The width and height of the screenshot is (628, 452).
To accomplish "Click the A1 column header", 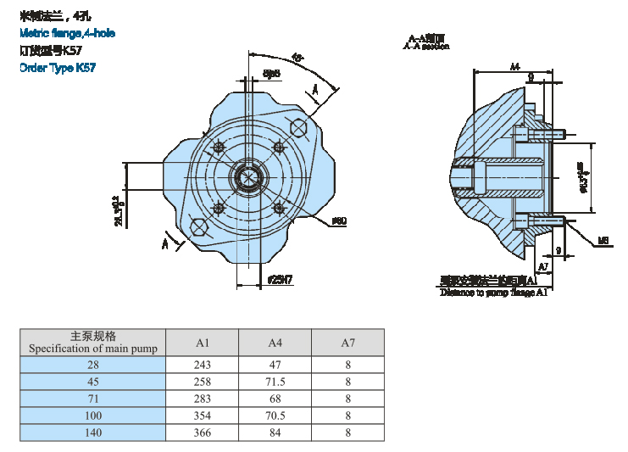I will (x=202, y=343).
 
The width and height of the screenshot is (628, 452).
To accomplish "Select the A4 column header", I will (x=275, y=343).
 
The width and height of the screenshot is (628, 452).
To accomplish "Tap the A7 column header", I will (x=347, y=343).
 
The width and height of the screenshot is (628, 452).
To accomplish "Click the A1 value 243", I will (x=202, y=365).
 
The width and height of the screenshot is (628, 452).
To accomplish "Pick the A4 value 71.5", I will (x=275, y=382).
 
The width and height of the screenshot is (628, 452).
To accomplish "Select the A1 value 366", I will (x=202, y=432).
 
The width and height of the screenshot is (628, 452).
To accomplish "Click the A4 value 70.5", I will (x=275, y=416).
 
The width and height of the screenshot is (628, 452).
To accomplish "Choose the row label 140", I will (x=92, y=432).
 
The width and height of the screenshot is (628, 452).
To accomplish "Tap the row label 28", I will (x=92, y=365).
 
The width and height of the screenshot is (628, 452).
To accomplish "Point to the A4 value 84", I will (x=275, y=432).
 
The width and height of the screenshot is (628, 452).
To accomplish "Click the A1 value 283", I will (x=202, y=399).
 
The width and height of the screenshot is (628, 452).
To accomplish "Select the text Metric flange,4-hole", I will (x=67, y=33).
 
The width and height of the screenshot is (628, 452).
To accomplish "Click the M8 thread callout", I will (x=603, y=240).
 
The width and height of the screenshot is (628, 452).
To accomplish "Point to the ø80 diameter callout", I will (x=338, y=221).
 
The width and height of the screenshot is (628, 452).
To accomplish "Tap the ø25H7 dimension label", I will (x=280, y=280).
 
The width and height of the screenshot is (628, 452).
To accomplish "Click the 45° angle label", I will (x=297, y=58).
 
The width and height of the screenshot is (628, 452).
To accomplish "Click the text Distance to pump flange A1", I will (x=493, y=292).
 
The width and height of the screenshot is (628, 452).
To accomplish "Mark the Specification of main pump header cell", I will (x=92, y=343).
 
